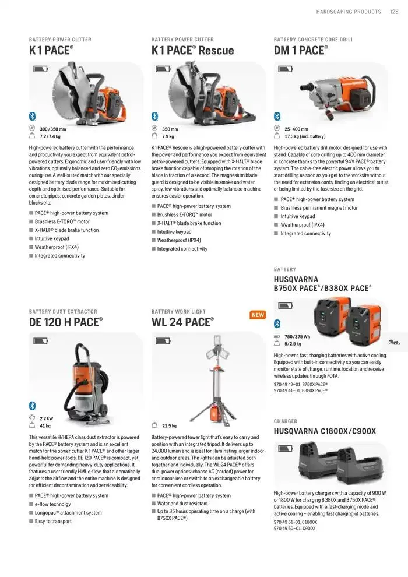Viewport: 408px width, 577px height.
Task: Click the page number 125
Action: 393,12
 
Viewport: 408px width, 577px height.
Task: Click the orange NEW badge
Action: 258,315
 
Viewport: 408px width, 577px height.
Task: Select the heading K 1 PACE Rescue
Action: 192,51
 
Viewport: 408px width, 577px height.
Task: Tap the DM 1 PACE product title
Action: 300,51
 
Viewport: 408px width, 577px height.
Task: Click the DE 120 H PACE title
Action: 65,322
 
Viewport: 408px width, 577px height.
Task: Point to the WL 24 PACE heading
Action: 182,322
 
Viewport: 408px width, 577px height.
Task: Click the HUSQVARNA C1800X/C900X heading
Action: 325,431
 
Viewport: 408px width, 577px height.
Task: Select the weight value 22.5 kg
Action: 169,426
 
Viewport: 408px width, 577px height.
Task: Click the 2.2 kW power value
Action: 46,418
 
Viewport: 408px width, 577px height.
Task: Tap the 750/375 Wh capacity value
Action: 297,337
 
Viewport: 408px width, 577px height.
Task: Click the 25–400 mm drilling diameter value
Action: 296,129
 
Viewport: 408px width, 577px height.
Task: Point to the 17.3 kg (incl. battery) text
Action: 304,136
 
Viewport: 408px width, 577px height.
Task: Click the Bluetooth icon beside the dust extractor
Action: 33,406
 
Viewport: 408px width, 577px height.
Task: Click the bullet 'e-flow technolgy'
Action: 52,504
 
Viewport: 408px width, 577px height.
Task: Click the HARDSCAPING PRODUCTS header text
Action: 349,12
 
